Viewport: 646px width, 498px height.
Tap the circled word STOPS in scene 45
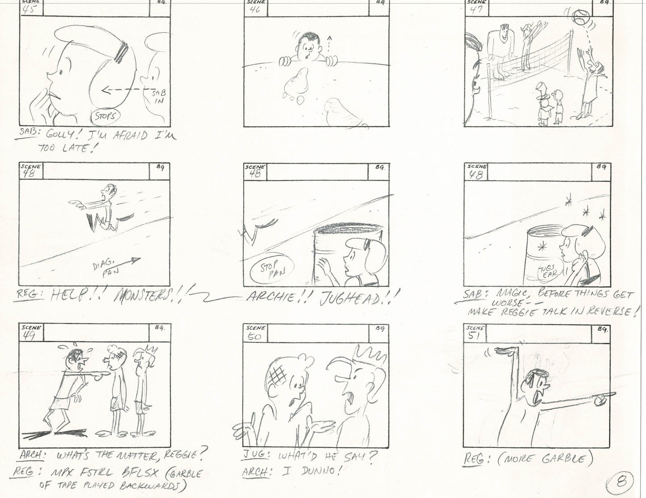pos(106,117)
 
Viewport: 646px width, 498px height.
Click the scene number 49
pos(29,336)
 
